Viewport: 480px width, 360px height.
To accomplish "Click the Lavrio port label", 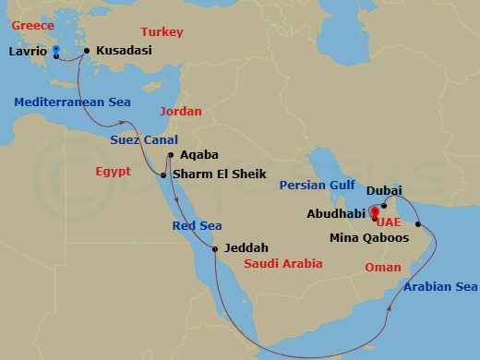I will [x=27, y=53].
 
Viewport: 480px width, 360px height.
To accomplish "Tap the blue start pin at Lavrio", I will [x=57, y=50].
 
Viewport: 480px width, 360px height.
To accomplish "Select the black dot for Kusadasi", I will [x=87, y=51].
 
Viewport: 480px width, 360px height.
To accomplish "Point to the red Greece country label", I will [x=27, y=28].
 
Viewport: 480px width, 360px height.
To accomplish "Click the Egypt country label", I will [x=114, y=173].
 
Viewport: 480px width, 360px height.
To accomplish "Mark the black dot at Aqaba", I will [x=170, y=154].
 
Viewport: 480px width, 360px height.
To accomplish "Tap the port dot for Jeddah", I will [x=214, y=247].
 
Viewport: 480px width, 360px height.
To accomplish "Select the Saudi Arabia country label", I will [x=282, y=263].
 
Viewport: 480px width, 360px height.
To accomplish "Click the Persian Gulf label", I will [x=318, y=185].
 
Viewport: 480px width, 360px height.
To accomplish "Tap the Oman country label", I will [x=384, y=267].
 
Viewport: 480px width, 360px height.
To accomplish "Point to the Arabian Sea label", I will [x=440, y=287].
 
